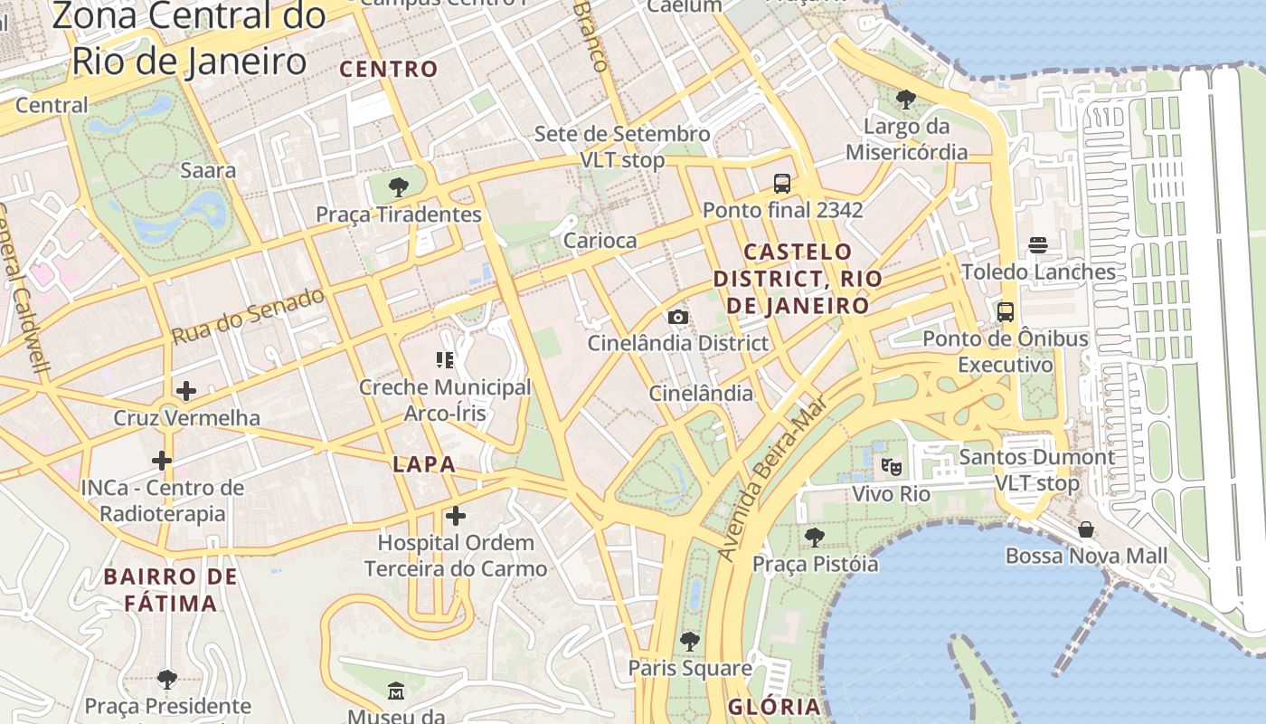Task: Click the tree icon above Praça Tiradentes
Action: pos(398,188)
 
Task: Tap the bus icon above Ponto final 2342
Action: pos(782,184)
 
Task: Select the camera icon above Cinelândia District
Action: pos(678,317)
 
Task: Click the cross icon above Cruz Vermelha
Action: pos(186,391)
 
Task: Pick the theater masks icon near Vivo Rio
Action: pos(892,467)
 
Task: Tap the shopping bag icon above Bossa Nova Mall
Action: pos(1086,529)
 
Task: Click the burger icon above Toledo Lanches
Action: pos(1037,245)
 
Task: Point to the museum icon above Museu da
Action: pos(396,691)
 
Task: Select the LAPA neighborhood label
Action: pos(424,464)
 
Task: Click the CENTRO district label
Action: pos(389,69)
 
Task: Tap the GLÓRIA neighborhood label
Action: pos(774,707)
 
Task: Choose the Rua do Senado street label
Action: pos(248,316)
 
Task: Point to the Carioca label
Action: pos(600,241)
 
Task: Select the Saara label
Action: pos(208,170)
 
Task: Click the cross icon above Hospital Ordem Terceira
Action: pos(456,516)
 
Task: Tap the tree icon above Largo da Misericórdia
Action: pos(905,99)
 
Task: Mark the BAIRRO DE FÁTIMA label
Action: pos(170,589)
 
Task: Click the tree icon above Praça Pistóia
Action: pos(815,538)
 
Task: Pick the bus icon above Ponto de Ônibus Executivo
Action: pos(1006,312)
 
